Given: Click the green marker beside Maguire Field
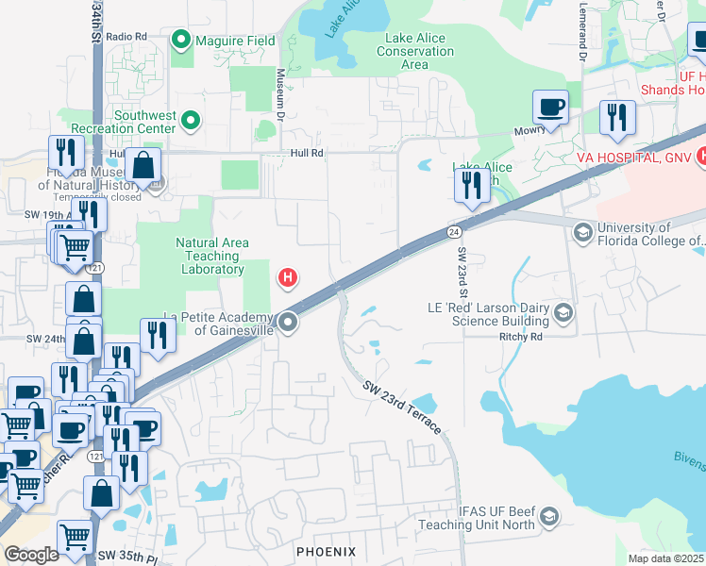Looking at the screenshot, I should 181,41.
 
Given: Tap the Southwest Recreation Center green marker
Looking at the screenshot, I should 191,120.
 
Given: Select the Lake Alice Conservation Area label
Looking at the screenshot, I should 414,51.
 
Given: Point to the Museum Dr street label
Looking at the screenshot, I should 280,90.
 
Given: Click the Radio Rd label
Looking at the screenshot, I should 126,37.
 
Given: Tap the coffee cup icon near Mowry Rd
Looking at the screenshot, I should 550,108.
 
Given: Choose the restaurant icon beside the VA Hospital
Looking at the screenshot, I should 617,118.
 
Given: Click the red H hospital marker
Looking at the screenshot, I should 288,278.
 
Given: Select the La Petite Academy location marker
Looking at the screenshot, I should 289,324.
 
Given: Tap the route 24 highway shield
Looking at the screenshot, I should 454,232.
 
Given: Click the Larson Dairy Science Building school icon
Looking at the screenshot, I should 563,312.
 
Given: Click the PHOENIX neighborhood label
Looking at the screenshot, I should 326,551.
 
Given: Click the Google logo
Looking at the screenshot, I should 30,555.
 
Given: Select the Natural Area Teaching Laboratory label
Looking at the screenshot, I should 212,256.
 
